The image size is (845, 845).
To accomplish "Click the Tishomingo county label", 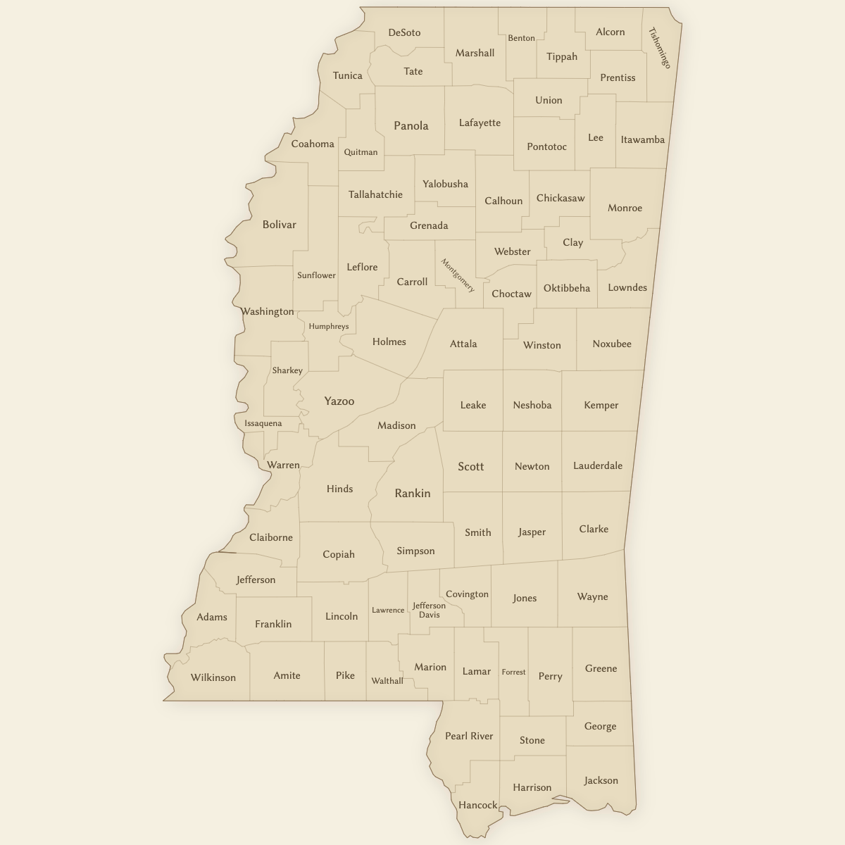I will click(x=660, y=48).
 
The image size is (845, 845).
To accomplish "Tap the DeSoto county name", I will click(x=404, y=32).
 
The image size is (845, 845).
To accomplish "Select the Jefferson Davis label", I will click(x=429, y=610).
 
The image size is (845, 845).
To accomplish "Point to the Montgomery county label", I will click(x=458, y=275).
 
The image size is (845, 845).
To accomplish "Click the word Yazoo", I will click(x=339, y=401).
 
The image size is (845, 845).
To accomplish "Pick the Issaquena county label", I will click(x=263, y=423).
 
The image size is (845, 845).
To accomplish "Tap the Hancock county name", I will click(x=478, y=805).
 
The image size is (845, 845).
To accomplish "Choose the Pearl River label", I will click(x=469, y=736).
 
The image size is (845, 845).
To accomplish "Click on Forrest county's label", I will click(x=513, y=672).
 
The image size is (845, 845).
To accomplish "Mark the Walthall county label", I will click(x=387, y=681).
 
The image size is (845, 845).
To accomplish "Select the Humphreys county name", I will click(x=329, y=327).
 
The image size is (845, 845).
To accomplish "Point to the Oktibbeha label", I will click(x=567, y=288).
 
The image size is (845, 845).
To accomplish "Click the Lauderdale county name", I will click(x=598, y=465).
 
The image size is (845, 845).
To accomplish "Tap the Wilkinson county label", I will click(x=213, y=677).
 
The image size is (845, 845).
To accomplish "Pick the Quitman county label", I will click(x=361, y=152).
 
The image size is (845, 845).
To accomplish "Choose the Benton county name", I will click(x=521, y=38).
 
